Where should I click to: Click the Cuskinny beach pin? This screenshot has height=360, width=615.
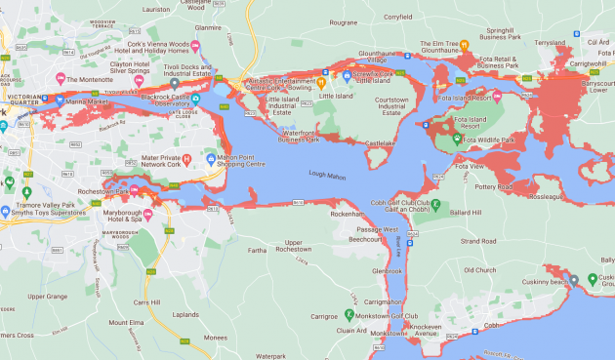coord(593,280)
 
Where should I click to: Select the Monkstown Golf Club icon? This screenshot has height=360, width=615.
coord(349,315)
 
